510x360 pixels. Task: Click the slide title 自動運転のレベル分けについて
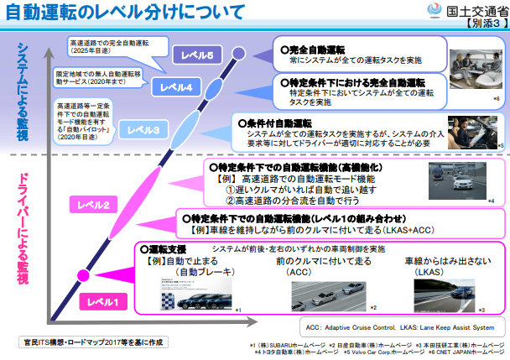(126, 12)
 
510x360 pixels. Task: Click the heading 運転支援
(168, 250)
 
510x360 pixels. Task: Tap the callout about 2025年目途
(107, 44)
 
